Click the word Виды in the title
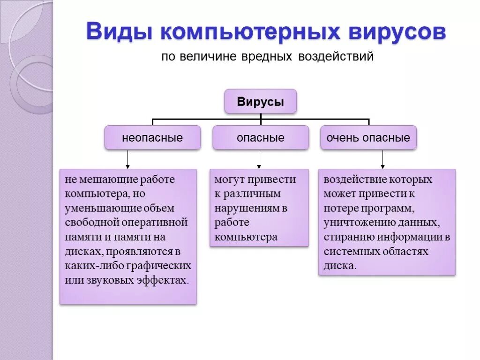[x=118, y=33]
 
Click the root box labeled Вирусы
[x=261, y=102]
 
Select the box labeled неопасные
[x=152, y=138]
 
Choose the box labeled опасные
[x=261, y=138]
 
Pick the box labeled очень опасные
[x=368, y=138]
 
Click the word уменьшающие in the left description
[x=93, y=208]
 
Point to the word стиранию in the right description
[x=346, y=237]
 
